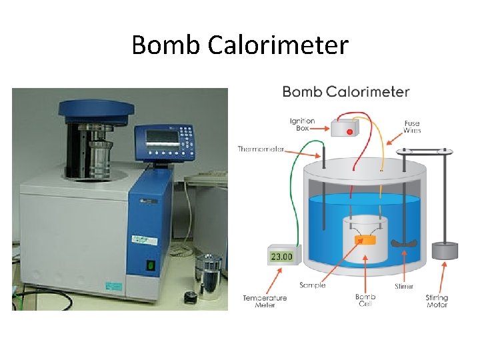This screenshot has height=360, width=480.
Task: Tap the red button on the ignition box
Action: tap(349, 132)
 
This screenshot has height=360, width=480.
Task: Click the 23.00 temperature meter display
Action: tap(281, 255)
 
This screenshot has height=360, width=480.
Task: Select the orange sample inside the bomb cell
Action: tap(365, 239)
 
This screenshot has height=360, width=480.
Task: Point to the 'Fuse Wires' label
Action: tap(412, 127)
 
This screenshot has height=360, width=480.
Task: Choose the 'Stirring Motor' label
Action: tap(437, 301)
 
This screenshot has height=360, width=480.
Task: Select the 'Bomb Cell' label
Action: tap(365, 301)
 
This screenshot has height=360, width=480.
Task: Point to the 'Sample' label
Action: tap(312, 285)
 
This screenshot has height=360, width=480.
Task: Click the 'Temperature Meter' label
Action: tap(265, 301)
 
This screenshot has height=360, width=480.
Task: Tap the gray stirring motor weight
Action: tap(445, 251)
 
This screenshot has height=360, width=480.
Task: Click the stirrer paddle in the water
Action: tap(404, 244)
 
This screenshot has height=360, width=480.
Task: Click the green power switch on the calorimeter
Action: tap(151, 265)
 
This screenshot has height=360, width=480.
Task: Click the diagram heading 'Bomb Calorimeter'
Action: tap(345, 91)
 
